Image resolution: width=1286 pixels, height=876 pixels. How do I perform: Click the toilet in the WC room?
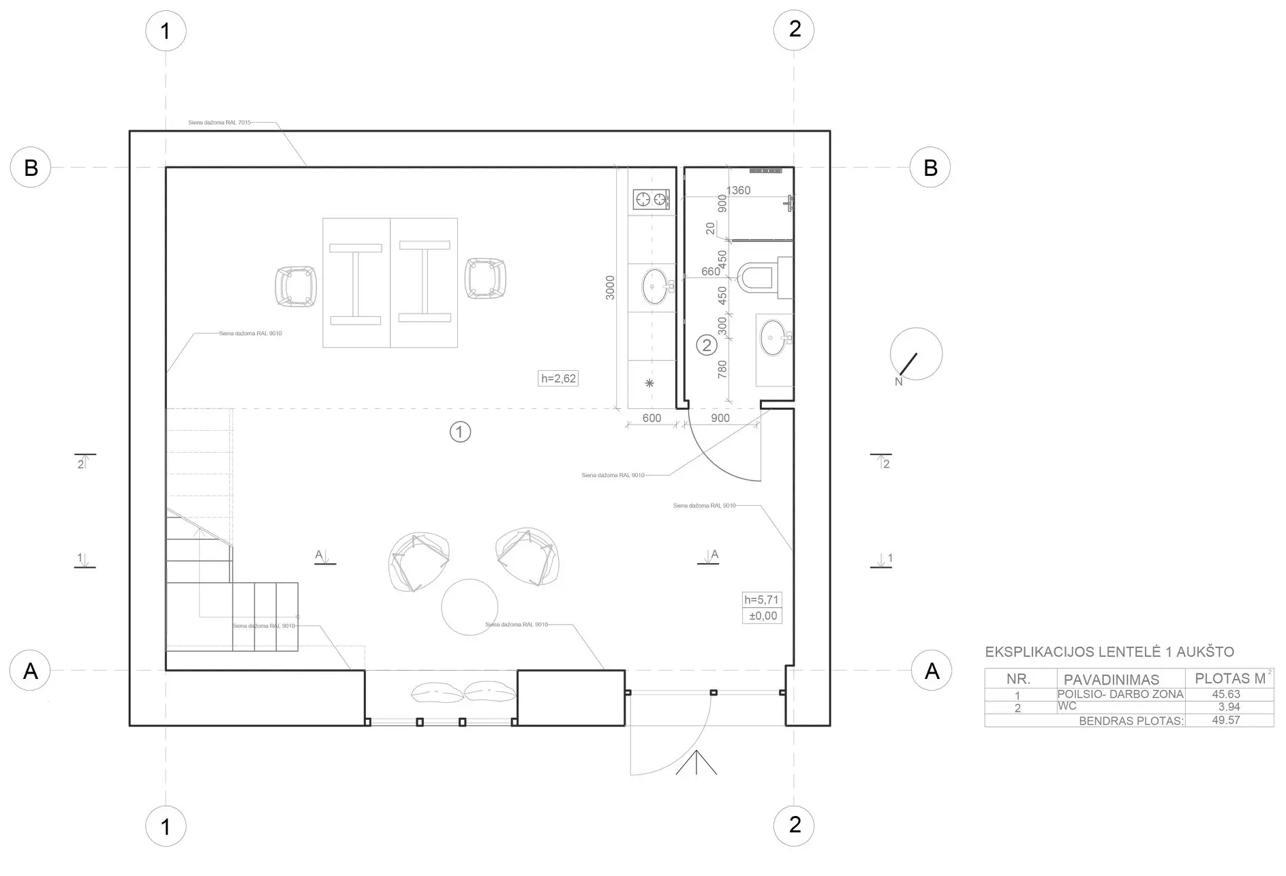(x=758, y=278)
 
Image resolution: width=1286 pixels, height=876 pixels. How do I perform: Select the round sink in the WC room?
(x=774, y=337)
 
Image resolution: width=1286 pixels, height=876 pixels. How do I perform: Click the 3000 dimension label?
(x=610, y=288)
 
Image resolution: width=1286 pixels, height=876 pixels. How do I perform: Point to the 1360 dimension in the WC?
(x=738, y=190)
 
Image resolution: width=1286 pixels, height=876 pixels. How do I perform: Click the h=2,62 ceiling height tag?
(x=559, y=378)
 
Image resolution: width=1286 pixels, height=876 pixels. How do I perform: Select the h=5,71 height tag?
(x=761, y=600)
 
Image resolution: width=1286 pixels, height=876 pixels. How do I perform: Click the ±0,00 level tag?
(x=763, y=616)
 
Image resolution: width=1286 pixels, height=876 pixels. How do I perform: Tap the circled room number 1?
(x=460, y=432)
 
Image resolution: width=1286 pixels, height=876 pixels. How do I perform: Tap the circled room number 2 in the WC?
(x=706, y=346)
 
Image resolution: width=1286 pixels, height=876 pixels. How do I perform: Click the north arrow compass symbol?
(x=915, y=354)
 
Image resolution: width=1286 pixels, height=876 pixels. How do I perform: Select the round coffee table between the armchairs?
(x=469, y=606)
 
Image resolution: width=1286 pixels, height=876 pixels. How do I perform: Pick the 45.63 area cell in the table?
(x=1225, y=695)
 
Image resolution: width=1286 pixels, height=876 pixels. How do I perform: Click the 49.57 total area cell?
(x=1225, y=720)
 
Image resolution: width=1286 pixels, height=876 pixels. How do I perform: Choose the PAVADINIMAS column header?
(x=1111, y=680)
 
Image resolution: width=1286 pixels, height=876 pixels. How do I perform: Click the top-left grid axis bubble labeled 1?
(x=166, y=31)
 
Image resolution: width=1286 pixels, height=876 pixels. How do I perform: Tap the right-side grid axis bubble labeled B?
(x=930, y=168)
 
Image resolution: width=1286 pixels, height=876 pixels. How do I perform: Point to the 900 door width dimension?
(x=720, y=418)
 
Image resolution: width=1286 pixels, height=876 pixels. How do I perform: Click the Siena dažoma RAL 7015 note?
(x=219, y=123)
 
